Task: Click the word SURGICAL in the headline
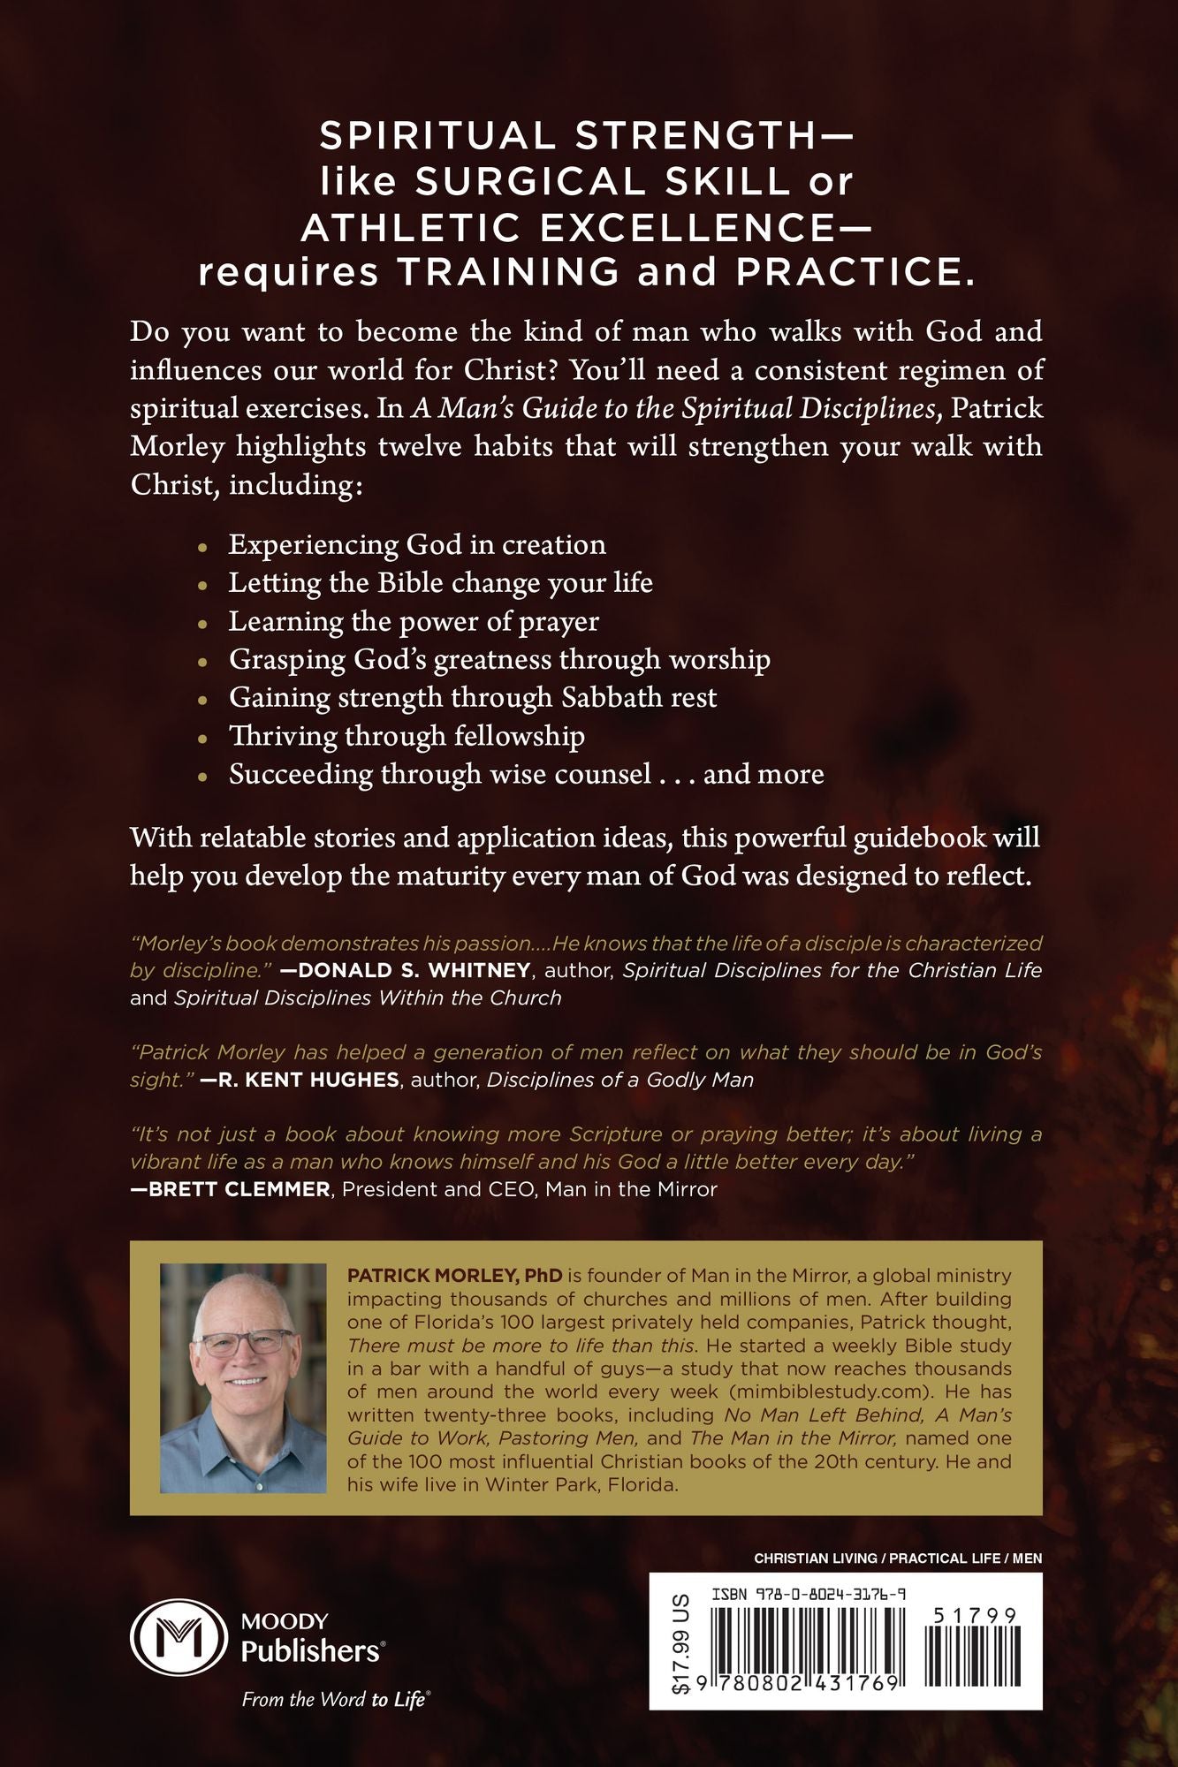[x=519, y=182]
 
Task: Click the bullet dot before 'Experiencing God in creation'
[x=204, y=547]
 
